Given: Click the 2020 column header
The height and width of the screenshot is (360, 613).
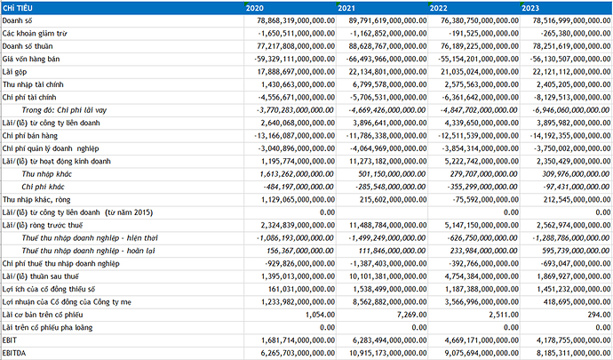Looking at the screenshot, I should (258, 7).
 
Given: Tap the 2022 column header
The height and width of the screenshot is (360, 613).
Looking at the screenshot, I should (439, 7).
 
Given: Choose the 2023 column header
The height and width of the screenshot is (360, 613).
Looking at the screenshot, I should (530, 7).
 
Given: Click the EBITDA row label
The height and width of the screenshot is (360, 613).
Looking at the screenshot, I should (16, 353).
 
